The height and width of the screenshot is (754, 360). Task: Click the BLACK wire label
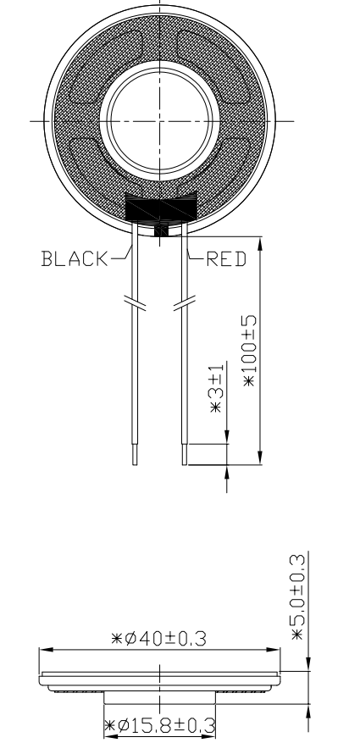(x=75, y=258)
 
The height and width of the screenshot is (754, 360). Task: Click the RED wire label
(x=226, y=259)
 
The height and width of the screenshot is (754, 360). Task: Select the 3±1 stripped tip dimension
(x=216, y=387)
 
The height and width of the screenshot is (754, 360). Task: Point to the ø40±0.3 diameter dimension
(x=159, y=639)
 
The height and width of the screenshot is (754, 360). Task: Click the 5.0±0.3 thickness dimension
(x=298, y=597)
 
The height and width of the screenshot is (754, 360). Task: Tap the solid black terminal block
(x=161, y=208)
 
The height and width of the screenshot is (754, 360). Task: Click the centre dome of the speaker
(x=160, y=120)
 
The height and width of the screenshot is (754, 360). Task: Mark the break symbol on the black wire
(x=135, y=304)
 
